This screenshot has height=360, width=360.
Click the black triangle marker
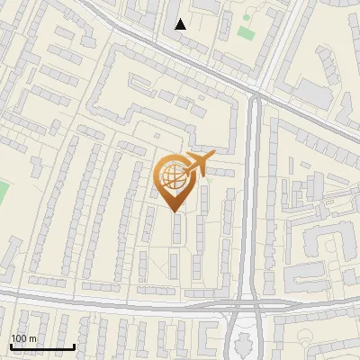pos(181,24)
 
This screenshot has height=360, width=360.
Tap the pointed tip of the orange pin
pos(175,211)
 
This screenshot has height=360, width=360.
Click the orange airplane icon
pos(198,164)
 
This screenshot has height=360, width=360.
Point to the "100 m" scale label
pos(23,338)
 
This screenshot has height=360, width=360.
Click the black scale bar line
pos(41,346)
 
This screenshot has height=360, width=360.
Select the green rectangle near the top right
pos(246,32)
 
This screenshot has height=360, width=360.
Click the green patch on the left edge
pos(3,192)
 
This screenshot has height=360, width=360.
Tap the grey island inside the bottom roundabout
pos(240,340)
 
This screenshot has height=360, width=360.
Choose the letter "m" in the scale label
pos(32,338)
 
